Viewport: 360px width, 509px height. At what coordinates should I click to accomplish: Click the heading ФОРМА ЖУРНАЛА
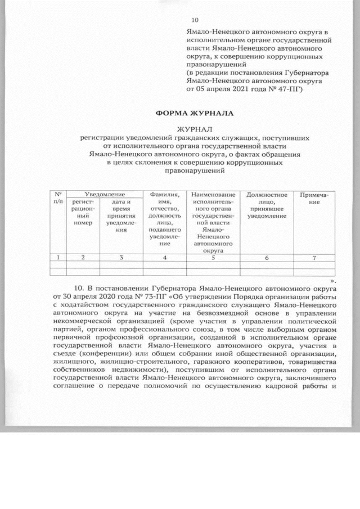pos(195,114)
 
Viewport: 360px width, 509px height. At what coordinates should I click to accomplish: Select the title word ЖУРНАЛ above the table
pos(195,129)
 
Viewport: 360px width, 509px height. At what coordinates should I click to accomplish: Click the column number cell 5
pos(213,258)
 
